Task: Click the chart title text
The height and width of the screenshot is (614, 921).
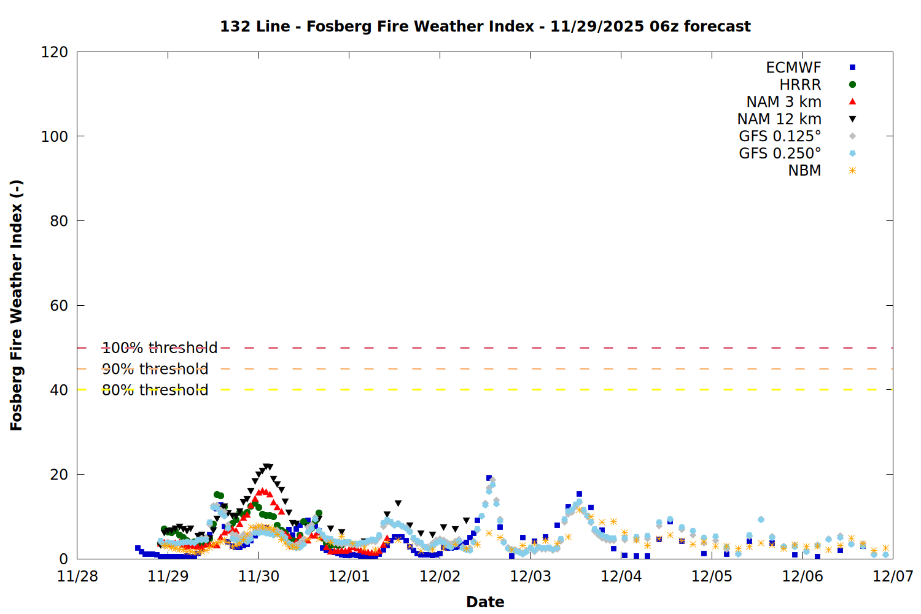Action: click(x=485, y=26)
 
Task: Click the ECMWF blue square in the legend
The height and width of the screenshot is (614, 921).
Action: click(x=852, y=68)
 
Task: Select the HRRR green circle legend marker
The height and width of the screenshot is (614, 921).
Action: click(x=852, y=85)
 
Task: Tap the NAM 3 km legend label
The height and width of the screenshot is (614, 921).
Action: click(x=783, y=102)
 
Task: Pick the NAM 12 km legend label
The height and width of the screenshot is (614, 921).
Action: click(x=779, y=119)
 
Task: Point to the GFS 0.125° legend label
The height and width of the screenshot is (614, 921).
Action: click(x=780, y=136)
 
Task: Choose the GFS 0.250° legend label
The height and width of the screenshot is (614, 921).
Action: click(x=780, y=153)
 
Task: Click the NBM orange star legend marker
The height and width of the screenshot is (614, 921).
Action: click(x=852, y=171)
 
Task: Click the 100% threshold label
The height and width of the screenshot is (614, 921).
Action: click(x=160, y=348)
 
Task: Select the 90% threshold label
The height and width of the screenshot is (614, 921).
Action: click(x=155, y=369)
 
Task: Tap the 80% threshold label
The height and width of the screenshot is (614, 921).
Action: click(x=155, y=390)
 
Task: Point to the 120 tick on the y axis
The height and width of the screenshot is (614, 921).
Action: click(x=55, y=52)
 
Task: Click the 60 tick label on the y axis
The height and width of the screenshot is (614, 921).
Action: click(x=59, y=306)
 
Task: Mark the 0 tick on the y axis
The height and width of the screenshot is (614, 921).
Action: click(x=64, y=559)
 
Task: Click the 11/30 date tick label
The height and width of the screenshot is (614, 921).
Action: click(x=258, y=577)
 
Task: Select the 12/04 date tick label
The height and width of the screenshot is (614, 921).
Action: click(x=621, y=577)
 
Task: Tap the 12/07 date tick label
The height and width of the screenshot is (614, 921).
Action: click(x=893, y=577)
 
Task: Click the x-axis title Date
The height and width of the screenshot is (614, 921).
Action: click(x=485, y=602)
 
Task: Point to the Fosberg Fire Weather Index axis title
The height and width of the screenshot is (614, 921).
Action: click(x=17, y=305)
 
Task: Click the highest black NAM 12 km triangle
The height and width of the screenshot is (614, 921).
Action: click(x=266, y=467)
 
